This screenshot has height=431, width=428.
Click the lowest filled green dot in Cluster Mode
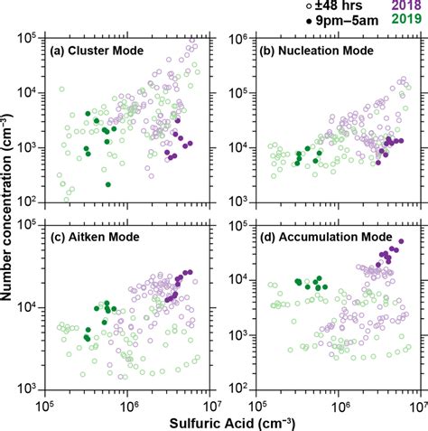coord(108,184)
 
